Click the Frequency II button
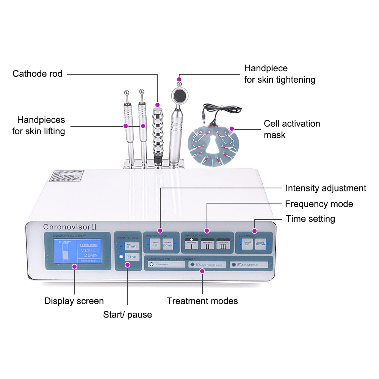[x=207, y=244]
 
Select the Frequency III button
[x=223, y=244]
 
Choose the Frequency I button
[x=191, y=244]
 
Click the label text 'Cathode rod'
[x=38, y=74]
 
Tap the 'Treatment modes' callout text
[x=202, y=301]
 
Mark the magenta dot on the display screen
[x=74, y=266]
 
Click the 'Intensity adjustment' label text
[x=326, y=188]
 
